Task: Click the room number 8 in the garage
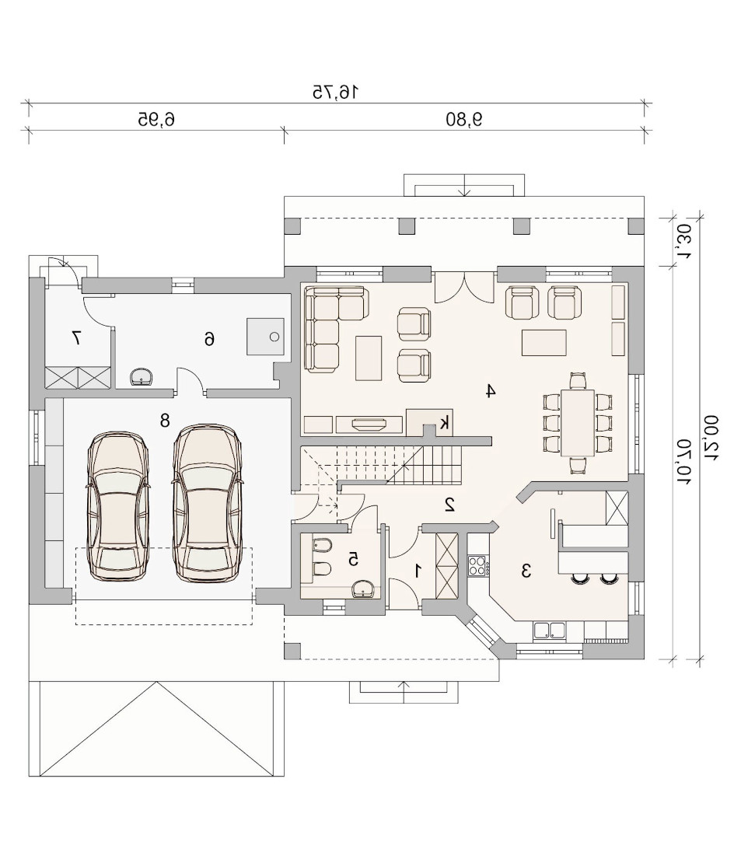click(x=165, y=420)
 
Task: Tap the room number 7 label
click(x=76, y=338)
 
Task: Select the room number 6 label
click(x=209, y=339)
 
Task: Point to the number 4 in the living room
click(x=490, y=390)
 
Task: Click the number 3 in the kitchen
click(x=526, y=571)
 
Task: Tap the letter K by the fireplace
click(x=444, y=422)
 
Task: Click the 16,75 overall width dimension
click(x=335, y=92)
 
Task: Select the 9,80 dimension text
click(x=464, y=119)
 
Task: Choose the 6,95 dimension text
click(x=156, y=119)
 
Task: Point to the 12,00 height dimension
click(x=711, y=438)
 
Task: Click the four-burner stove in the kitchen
click(x=477, y=566)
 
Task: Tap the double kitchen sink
click(x=549, y=631)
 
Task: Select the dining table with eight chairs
click(x=578, y=423)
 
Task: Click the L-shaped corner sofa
click(x=336, y=329)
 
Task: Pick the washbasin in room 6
click(x=142, y=377)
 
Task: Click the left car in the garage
click(x=117, y=507)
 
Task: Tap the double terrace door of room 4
click(x=464, y=287)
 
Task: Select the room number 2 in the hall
click(x=449, y=504)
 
